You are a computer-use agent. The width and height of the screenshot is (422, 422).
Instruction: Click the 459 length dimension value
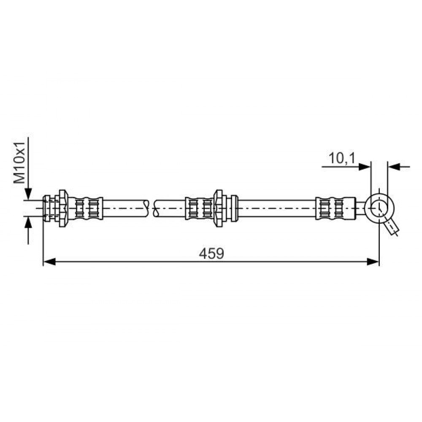coord(211,254)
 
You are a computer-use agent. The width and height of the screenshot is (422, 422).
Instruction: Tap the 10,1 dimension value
coord(342,158)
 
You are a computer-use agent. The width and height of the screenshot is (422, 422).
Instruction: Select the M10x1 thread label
coord(19,162)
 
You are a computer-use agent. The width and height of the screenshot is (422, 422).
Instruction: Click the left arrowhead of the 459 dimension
coord(49,262)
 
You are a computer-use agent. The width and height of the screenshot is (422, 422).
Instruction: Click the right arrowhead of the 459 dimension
coord(373,262)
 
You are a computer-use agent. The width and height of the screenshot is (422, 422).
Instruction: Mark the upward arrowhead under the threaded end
coord(28,222)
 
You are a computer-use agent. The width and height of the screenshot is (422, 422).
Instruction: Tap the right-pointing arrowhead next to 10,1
coord(365,167)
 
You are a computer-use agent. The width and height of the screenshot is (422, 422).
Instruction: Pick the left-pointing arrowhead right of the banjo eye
coord(394,167)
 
